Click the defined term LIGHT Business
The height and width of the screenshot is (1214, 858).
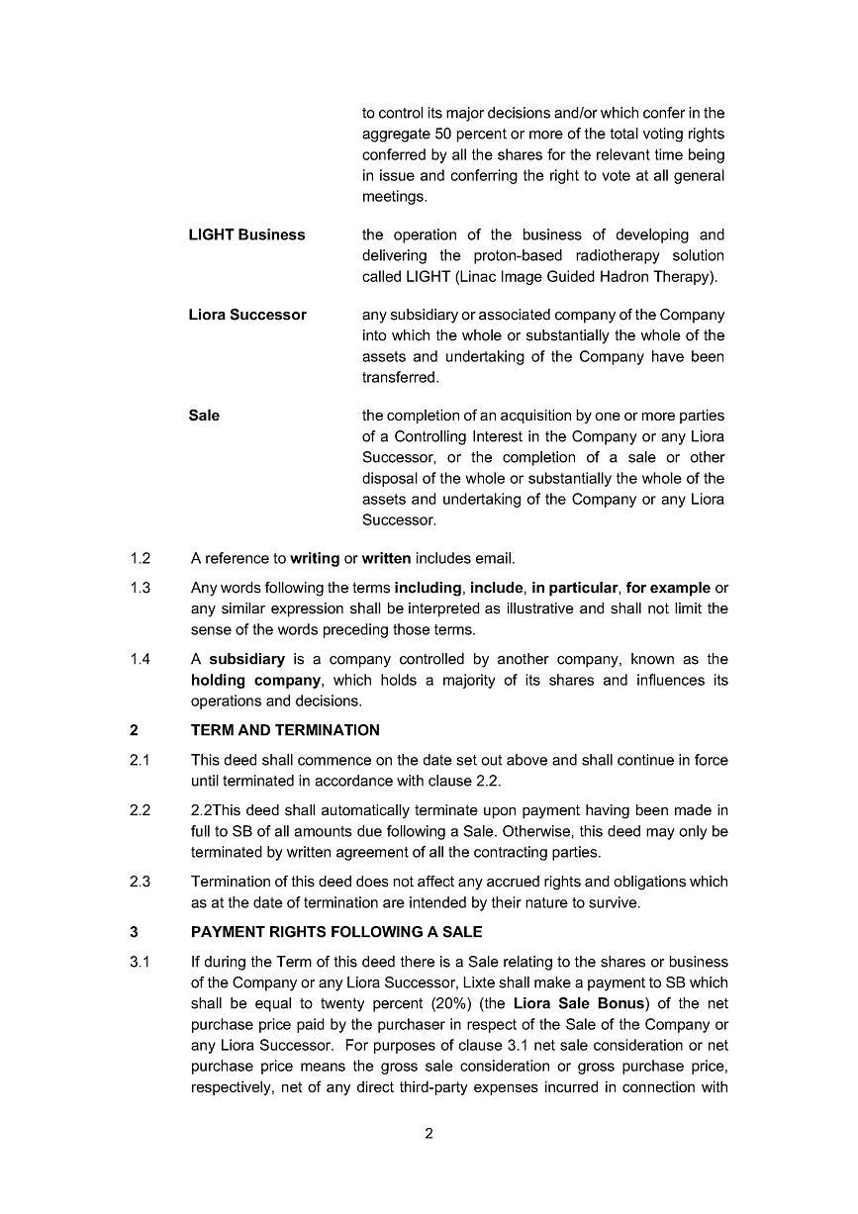click(246, 235)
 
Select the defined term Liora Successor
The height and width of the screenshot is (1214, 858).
click(247, 315)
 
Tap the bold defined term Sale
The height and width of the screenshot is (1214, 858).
click(204, 416)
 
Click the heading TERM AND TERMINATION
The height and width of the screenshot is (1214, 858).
click(285, 730)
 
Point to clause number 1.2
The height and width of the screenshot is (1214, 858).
click(140, 558)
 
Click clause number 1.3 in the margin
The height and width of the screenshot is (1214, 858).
click(140, 588)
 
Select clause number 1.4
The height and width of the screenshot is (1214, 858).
click(140, 659)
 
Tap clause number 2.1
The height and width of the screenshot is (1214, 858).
click(140, 760)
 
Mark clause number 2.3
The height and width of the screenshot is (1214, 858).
click(140, 881)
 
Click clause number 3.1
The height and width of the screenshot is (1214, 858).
click(140, 962)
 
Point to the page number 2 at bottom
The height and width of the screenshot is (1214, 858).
click(429, 1134)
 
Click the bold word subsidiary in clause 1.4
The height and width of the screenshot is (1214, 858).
click(246, 659)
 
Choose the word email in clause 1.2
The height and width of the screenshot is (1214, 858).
click(496, 558)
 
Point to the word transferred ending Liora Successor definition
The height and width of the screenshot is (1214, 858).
click(400, 378)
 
